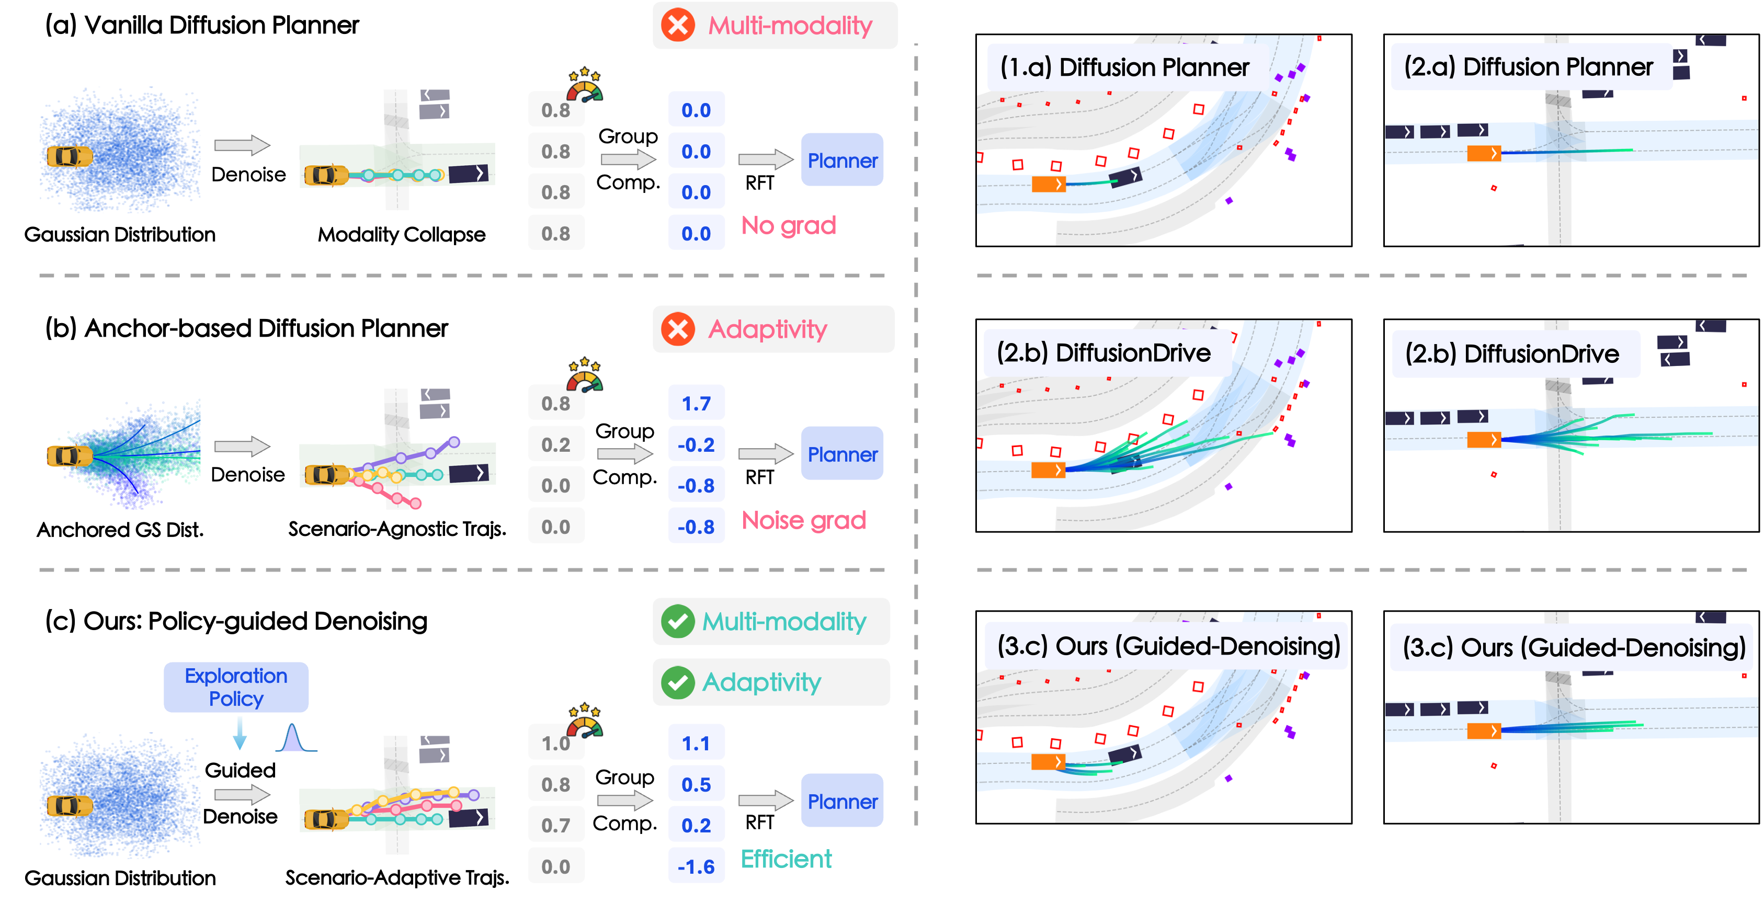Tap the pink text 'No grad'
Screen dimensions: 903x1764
coord(788,225)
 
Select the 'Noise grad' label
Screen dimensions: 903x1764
coord(803,520)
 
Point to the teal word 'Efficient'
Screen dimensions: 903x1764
coord(786,859)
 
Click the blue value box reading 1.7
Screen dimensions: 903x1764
coord(696,403)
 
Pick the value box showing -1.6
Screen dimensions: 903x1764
coord(696,866)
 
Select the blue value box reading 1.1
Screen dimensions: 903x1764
coord(696,743)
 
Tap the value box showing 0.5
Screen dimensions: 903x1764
coord(696,784)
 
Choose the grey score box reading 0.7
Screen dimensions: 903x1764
coord(555,825)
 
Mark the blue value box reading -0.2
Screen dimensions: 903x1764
coord(696,444)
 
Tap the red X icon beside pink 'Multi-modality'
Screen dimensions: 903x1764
coord(678,25)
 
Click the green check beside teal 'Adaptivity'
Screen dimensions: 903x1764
coord(678,682)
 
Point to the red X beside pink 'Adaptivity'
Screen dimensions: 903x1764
coord(678,329)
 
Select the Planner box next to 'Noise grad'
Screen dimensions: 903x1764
coord(841,454)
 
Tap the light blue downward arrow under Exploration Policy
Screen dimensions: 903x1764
coord(240,733)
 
